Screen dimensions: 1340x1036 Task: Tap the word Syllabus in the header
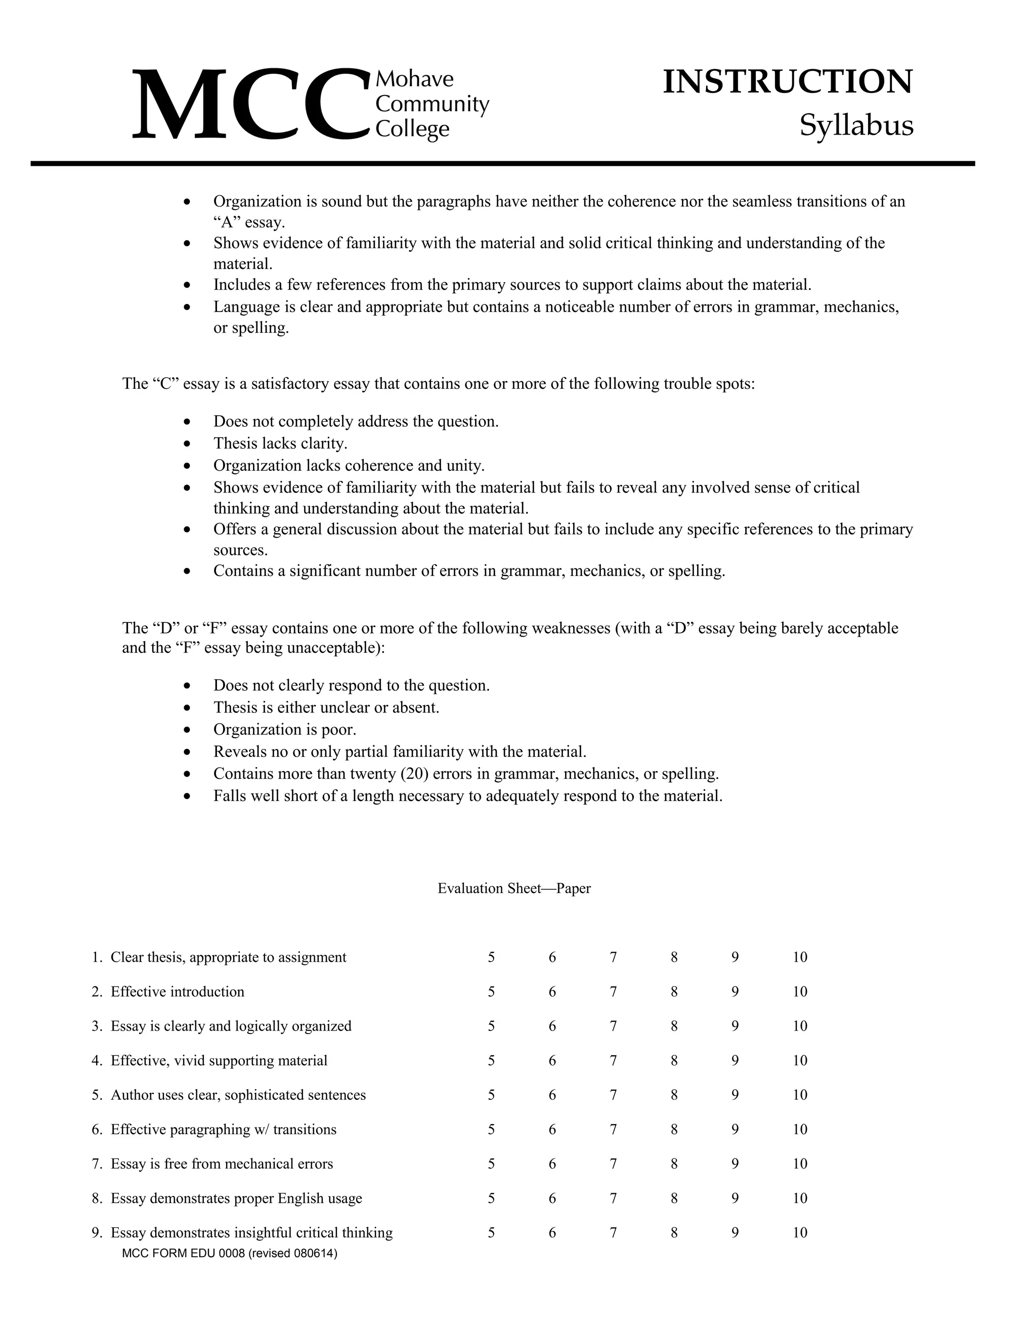click(x=856, y=126)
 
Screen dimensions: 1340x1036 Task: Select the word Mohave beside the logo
click(x=414, y=78)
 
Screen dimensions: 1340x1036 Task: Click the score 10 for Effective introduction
click(x=800, y=992)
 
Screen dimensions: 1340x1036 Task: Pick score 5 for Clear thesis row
click(x=491, y=958)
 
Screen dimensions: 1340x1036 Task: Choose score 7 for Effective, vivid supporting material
click(x=613, y=1061)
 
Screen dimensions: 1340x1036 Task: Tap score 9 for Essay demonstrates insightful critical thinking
click(x=735, y=1233)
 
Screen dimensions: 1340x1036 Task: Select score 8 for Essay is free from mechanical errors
click(x=674, y=1164)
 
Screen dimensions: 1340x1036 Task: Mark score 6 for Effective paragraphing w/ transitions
click(x=552, y=1130)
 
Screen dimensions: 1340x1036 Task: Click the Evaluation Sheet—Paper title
click(x=514, y=888)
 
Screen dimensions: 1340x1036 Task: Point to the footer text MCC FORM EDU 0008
click(x=230, y=1254)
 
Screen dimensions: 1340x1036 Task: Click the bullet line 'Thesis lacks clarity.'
click(x=280, y=443)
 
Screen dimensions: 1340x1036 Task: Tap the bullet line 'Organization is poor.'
click(x=284, y=730)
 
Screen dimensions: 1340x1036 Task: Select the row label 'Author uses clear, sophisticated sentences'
click(x=238, y=1095)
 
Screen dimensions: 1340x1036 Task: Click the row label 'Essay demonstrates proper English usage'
click(x=236, y=1198)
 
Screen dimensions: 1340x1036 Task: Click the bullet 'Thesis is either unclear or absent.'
click(x=326, y=707)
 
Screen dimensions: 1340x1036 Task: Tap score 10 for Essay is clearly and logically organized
click(x=800, y=1026)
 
